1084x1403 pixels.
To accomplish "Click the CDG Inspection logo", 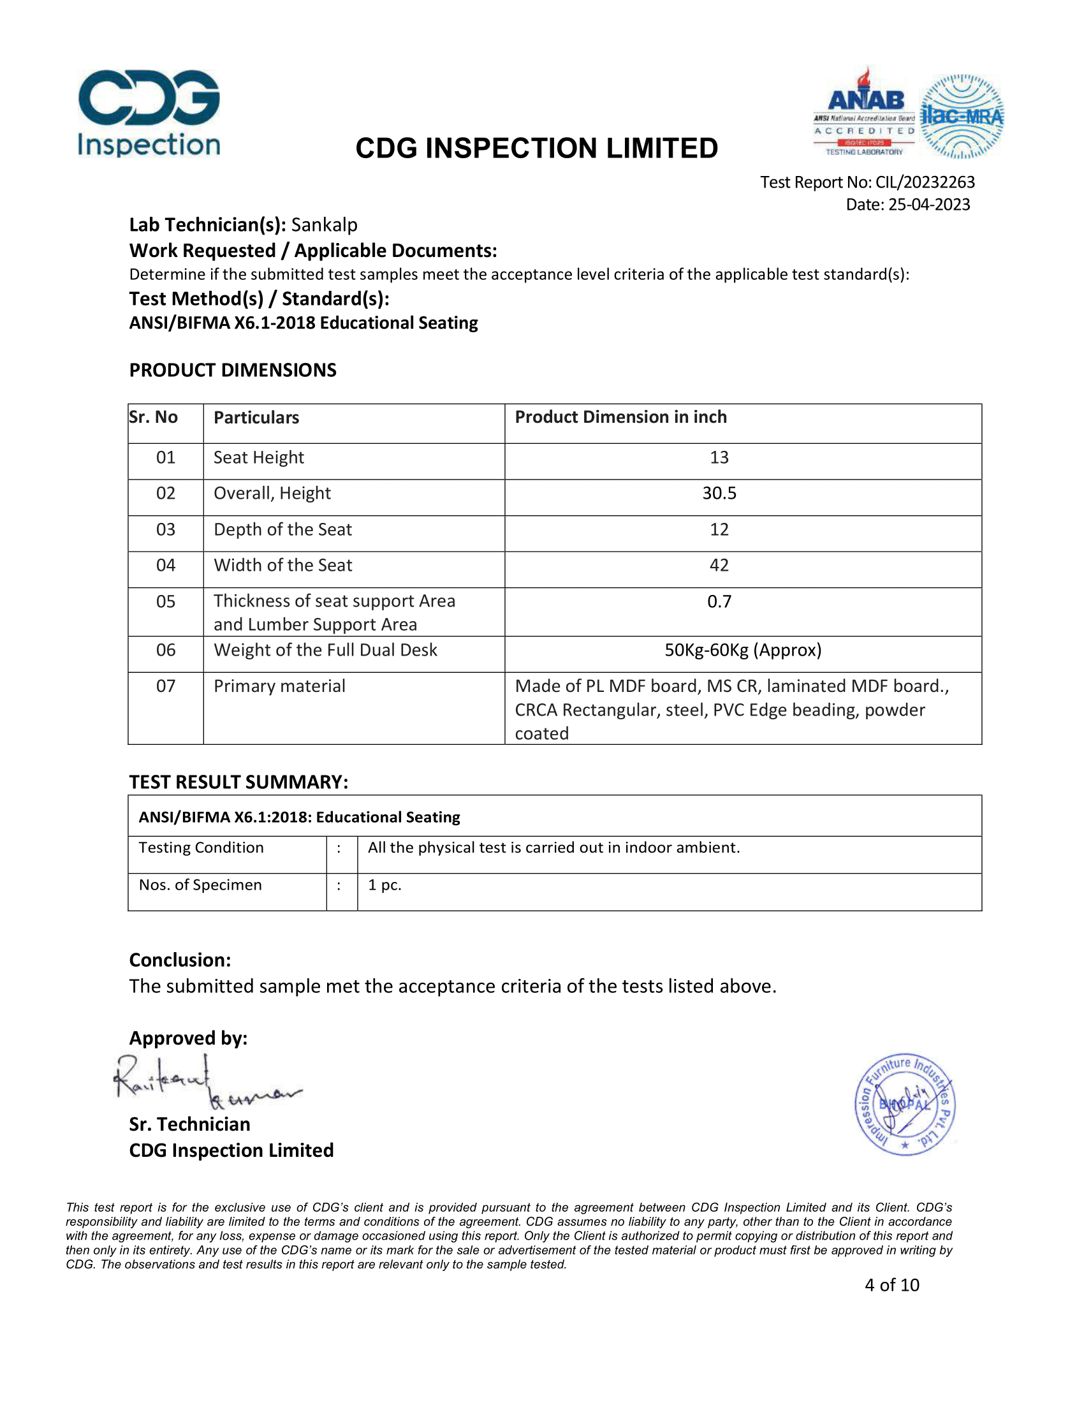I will pos(149,113).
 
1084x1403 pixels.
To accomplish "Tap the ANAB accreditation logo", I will pos(865,112).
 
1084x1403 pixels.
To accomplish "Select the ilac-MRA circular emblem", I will pos(962,116).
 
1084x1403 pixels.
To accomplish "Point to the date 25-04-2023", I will pos(928,205).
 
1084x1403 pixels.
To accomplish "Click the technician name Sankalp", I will pos(325,225).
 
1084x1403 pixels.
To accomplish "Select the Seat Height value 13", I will pos(719,457).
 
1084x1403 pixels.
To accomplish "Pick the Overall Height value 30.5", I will pos(719,494).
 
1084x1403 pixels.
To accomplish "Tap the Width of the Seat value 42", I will pos(719,565).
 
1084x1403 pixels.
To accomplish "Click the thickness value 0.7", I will pos(719,601).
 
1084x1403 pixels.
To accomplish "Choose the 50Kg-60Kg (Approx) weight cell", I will pos(743,650).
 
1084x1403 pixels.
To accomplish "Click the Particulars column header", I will pos(256,418).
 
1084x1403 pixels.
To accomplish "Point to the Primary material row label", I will pos(279,686).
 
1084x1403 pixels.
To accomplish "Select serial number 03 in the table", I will pos(166,529).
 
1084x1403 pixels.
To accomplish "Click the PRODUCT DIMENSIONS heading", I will pos(233,370).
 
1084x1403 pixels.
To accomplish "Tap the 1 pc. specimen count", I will pos(385,885).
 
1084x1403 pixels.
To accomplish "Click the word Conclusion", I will pos(180,960).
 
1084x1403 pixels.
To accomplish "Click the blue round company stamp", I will pos(905,1105).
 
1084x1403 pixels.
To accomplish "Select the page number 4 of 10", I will pos(892,1285).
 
